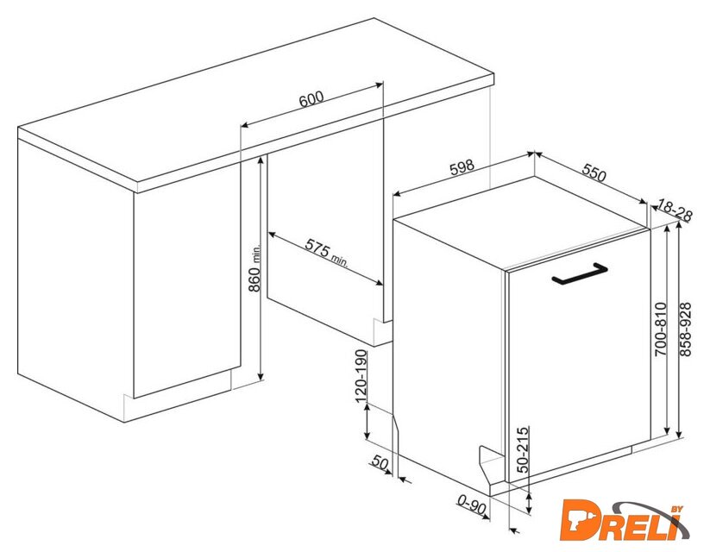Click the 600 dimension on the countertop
click(311, 99)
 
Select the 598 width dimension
click(462, 167)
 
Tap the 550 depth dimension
click(594, 172)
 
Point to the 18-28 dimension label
click(675, 210)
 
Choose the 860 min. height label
click(255, 268)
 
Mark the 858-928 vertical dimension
click(686, 329)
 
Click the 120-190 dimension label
click(361, 376)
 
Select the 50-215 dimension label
click(523, 449)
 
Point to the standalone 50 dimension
click(380, 462)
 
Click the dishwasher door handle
click(580, 274)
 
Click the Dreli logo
click(625, 521)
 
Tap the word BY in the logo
click(676, 510)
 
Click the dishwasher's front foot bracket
click(491, 467)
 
